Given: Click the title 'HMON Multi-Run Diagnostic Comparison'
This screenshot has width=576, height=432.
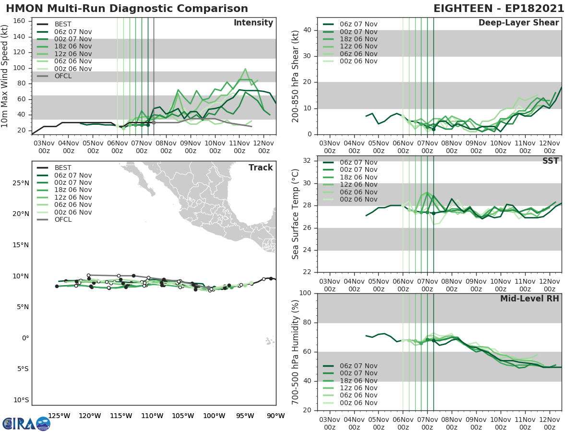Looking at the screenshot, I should [x=127, y=9].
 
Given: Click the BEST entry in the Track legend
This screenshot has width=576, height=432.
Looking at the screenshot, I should [x=63, y=168].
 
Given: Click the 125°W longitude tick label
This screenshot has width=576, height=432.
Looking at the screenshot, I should [x=60, y=416].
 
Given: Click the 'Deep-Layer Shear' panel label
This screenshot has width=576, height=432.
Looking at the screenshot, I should [x=518, y=23].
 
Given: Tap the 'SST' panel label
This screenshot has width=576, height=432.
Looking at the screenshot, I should [x=550, y=161].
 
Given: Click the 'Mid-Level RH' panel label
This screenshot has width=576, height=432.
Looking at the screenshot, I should [x=529, y=299].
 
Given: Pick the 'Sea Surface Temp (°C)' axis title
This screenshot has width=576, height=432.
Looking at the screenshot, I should [x=295, y=214].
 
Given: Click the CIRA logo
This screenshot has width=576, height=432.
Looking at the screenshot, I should [x=26, y=423].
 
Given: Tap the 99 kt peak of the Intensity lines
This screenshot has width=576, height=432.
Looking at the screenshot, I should [x=245, y=69].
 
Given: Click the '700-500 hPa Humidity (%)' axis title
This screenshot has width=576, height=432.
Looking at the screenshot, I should [x=295, y=352].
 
